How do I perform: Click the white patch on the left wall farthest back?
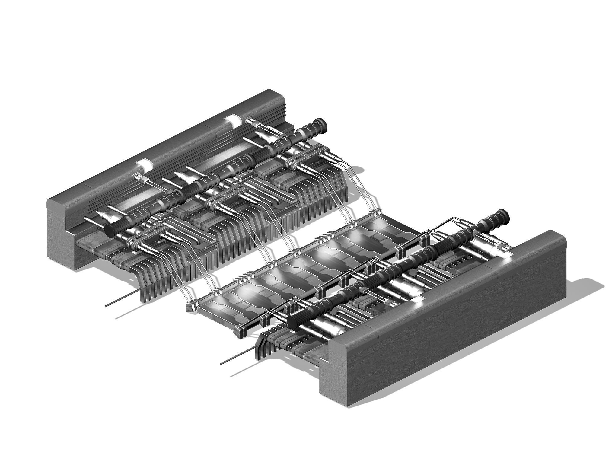[x=234, y=121]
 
